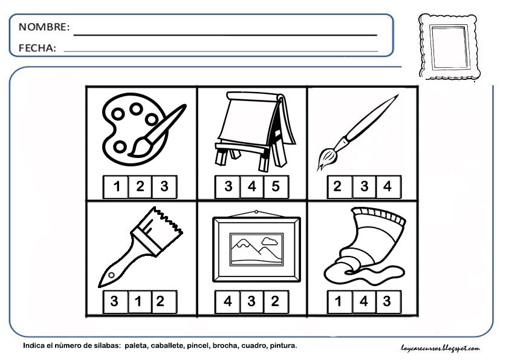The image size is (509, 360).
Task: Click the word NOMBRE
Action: [44, 27]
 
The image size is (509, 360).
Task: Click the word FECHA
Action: [37, 48]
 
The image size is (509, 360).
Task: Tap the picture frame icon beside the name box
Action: [450, 47]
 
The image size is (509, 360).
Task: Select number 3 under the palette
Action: [164, 186]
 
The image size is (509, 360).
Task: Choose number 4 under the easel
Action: [252, 186]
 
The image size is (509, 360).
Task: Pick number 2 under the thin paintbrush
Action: [338, 186]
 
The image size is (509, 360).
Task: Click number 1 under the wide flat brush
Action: [138, 301]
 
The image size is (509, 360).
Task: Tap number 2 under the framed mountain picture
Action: [275, 301]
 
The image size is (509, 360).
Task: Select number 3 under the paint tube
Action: [387, 301]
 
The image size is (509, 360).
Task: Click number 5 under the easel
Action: [276, 186]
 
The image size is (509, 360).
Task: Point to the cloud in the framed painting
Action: [270, 241]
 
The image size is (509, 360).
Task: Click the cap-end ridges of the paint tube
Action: [378, 215]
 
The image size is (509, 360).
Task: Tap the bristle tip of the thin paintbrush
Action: [326, 159]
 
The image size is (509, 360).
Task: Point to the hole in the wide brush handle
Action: [111, 275]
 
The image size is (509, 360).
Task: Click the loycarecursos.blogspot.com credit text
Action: [440, 349]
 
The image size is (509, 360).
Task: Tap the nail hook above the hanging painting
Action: [256, 212]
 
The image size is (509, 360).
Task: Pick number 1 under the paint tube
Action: [339, 301]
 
